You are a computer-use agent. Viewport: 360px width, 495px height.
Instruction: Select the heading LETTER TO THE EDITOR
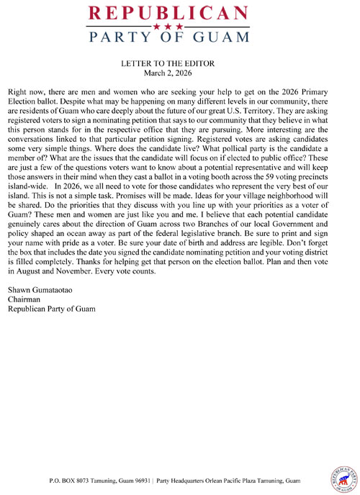[179, 63]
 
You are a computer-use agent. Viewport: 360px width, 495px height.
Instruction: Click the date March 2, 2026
[179, 73]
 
